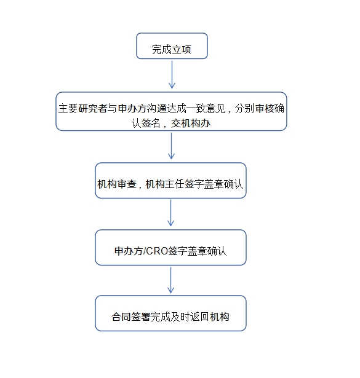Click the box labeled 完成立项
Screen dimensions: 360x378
172,46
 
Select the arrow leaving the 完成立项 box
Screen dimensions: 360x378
172,74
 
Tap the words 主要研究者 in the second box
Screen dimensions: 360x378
82,108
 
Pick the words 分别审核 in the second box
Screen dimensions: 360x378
255,108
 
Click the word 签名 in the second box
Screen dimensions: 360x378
151,124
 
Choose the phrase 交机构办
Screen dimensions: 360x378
191,124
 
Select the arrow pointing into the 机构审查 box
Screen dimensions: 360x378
171,146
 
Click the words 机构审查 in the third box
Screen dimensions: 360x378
117,184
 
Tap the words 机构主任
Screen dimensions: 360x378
165,184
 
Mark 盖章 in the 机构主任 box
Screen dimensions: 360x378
214,184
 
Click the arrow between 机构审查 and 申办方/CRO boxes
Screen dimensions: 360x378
171,213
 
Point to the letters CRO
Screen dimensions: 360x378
157,251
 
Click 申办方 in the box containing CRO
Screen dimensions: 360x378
129,251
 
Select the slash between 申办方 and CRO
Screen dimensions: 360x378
145,251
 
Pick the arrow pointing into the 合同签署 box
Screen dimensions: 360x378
171,280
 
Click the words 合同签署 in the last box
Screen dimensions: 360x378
131,317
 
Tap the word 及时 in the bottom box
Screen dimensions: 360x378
180,317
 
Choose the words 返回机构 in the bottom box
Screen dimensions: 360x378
210,317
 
